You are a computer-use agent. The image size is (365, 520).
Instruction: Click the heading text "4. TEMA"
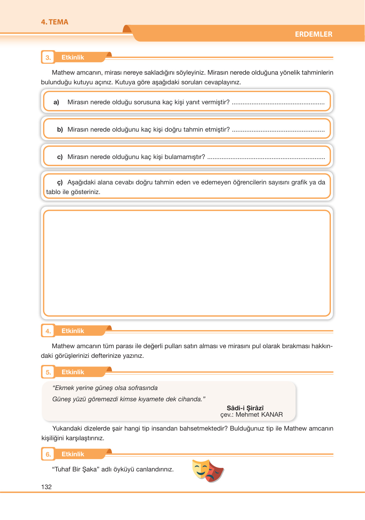click(54, 22)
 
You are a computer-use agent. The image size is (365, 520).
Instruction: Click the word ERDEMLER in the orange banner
click(314, 34)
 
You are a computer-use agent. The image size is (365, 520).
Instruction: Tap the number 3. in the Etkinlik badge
click(48, 58)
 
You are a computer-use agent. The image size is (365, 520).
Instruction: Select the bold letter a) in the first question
click(56, 102)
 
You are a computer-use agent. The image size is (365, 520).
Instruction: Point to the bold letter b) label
click(60, 129)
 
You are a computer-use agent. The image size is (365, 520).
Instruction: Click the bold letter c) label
click(60, 157)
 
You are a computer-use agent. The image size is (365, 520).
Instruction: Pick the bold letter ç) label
click(60, 182)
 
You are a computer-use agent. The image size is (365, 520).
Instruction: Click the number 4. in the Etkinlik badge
click(48, 331)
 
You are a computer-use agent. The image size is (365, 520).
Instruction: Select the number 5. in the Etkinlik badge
click(48, 372)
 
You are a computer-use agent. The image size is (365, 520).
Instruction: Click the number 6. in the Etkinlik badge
click(48, 454)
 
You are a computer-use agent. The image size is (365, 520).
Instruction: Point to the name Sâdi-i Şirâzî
click(245, 408)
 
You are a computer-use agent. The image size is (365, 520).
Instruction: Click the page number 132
click(46, 487)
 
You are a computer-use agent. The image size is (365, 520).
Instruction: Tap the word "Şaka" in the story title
click(89, 469)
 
